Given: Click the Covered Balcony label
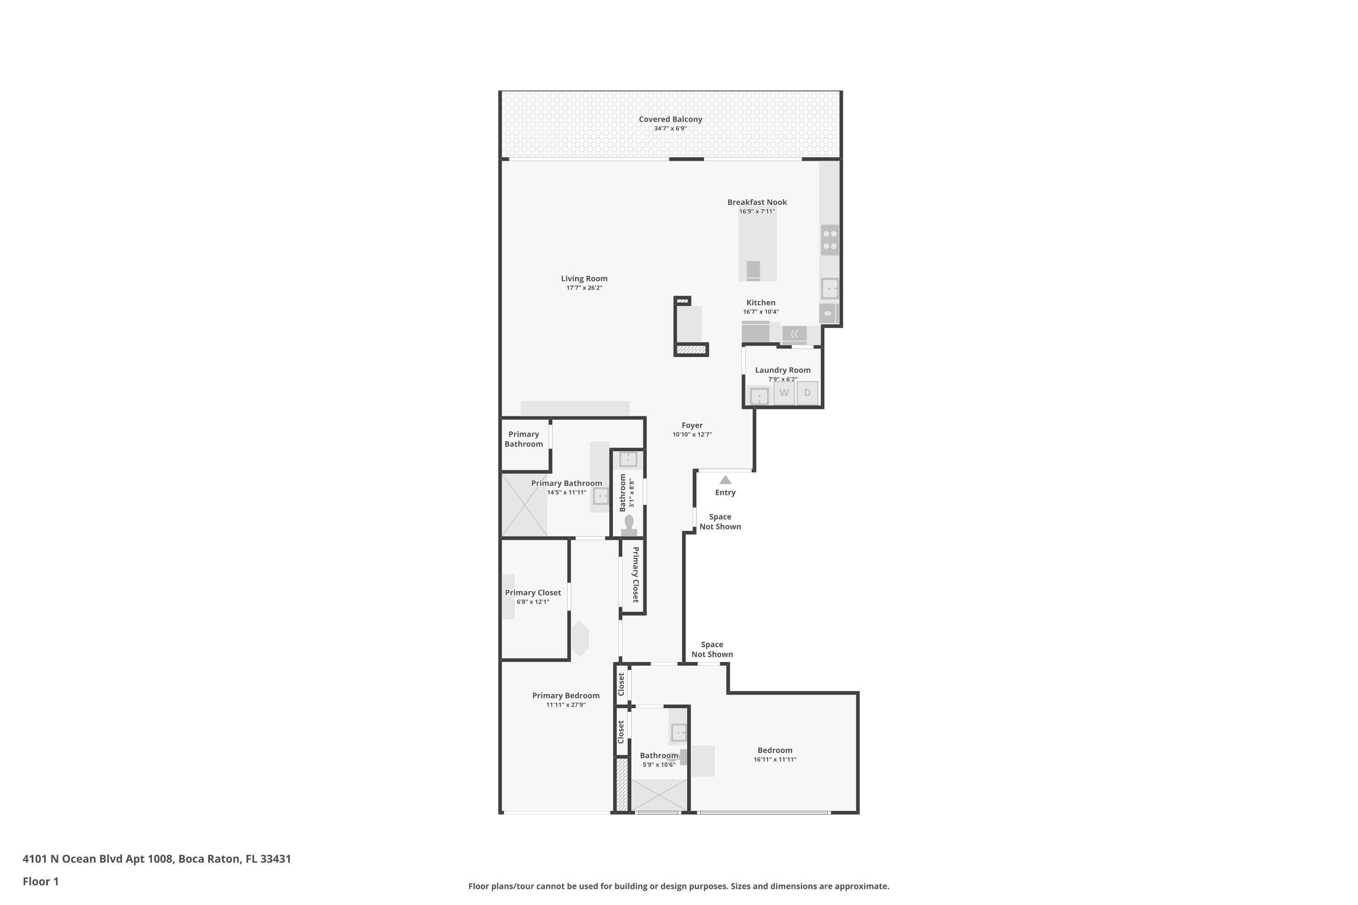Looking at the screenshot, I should pyautogui.click(x=670, y=119).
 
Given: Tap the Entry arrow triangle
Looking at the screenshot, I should pyautogui.click(x=725, y=480).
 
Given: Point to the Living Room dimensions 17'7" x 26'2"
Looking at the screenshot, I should pyautogui.click(x=584, y=288).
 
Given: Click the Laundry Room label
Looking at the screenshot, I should pyautogui.click(x=782, y=370).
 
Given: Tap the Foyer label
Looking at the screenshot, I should pyautogui.click(x=692, y=425).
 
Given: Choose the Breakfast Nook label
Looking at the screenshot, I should pyautogui.click(x=757, y=202).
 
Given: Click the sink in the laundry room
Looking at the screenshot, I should pyautogui.click(x=759, y=396).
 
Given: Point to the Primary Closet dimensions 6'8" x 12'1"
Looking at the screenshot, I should pyautogui.click(x=532, y=602).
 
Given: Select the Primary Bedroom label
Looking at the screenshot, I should pyautogui.click(x=565, y=695).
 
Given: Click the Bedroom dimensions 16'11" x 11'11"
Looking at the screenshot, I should pyautogui.click(x=774, y=760).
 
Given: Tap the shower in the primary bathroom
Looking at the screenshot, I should pyautogui.click(x=524, y=505).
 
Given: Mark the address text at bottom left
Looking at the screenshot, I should pyautogui.click(x=157, y=858).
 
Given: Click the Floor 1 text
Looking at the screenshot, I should pyautogui.click(x=40, y=881).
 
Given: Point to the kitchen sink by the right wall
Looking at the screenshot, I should pyautogui.click(x=830, y=288).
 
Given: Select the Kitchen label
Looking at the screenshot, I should pyautogui.click(x=760, y=302).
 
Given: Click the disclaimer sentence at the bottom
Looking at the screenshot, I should pyautogui.click(x=679, y=886).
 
